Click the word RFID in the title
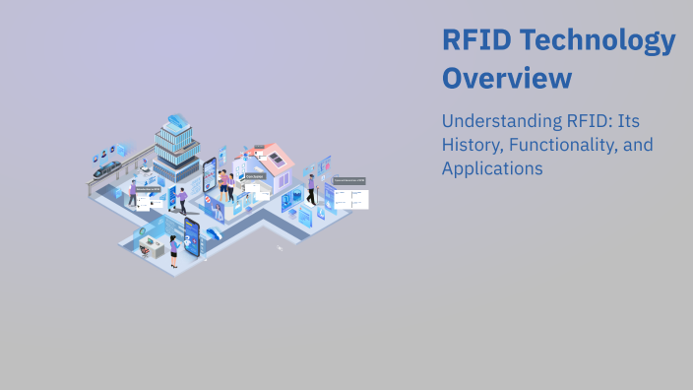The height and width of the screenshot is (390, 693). tap(474, 41)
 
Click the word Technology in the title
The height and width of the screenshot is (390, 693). tap(597, 41)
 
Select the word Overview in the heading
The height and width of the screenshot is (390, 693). tap(506, 78)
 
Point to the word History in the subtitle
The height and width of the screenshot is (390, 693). tap(472, 146)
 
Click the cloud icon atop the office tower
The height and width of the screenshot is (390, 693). tap(177, 121)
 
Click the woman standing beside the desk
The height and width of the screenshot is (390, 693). tap(174, 252)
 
